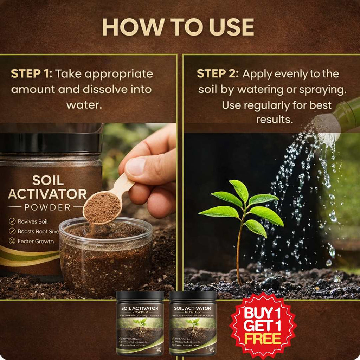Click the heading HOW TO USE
point(178,27)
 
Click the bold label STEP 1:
point(32,74)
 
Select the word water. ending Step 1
point(84,105)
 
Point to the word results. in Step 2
point(274,120)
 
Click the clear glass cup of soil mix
point(105,257)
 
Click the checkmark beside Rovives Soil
point(12,221)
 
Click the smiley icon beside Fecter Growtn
point(12,242)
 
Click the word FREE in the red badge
point(263,339)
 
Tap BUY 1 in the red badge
point(263,313)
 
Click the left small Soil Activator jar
point(140,323)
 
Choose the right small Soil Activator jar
point(193,323)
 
